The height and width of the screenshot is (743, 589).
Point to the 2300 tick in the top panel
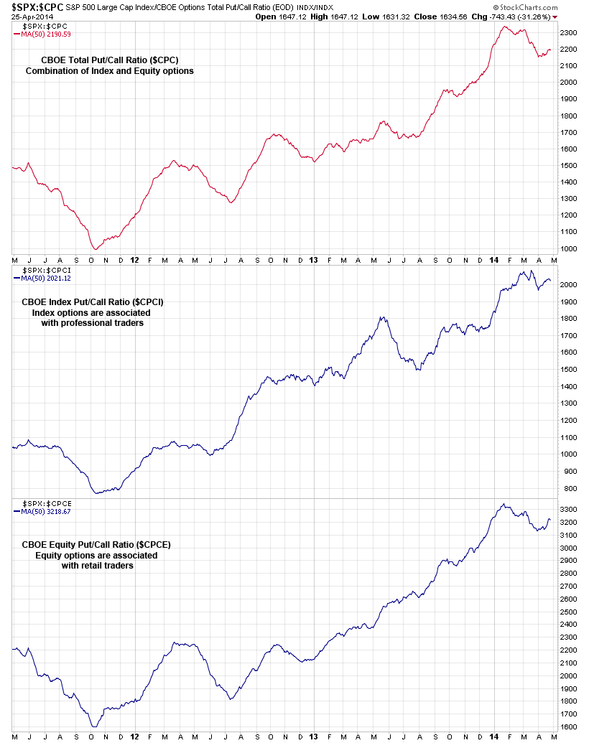(x=569, y=33)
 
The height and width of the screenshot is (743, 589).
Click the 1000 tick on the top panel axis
(x=569, y=248)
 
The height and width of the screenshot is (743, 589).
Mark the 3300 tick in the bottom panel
(x=569, y=509)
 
